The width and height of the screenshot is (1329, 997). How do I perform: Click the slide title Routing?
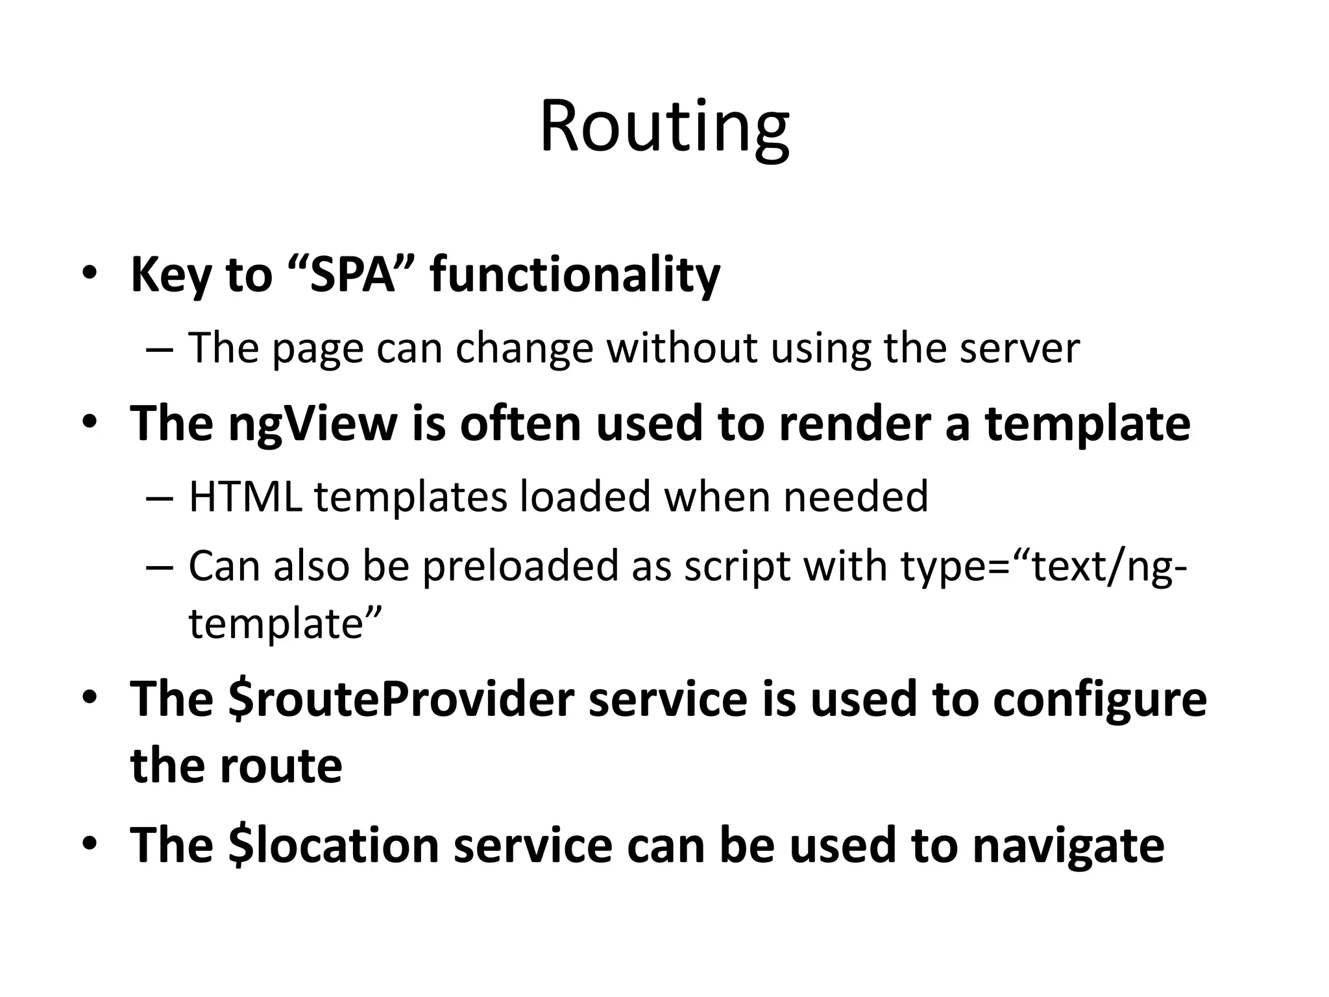pos(664,128)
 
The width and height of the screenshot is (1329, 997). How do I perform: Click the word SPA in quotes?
pos(354,275)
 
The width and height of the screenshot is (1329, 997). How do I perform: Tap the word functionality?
pos(575,275)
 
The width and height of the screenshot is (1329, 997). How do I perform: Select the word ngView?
pos(313,424)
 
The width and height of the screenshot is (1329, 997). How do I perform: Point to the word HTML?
pos(245,497)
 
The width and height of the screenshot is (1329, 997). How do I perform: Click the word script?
pos(737,566)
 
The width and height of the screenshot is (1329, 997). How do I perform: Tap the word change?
pos(524,348)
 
